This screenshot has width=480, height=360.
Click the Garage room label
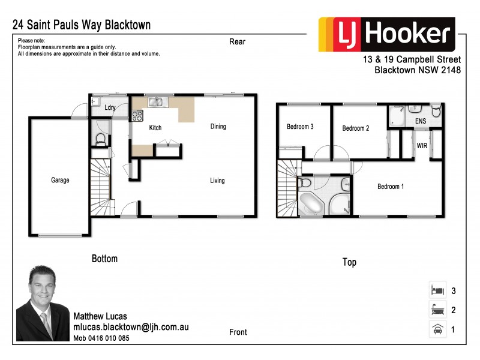(x=60, y=180)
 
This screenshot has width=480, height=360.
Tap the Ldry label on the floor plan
(x=110, y=108)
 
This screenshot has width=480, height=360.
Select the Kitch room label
(x=155, y=128)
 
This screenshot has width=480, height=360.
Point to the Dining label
(x=218, y=127)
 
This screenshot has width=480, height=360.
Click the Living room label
(x=217, y=181)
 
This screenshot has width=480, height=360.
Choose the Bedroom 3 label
(x=300, y=127)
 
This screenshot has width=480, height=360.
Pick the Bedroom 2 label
(x=355, y=128)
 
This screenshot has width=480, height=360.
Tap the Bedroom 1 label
(x=390, y=187)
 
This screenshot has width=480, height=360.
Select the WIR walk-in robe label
(x=422, y=145)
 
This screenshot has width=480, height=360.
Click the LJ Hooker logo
(x=387, y=34)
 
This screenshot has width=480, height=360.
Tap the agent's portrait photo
(x=43, y=304)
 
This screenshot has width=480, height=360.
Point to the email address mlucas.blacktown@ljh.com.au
(x=131, y=328)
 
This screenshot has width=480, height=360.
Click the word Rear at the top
(x=238, y=42)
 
